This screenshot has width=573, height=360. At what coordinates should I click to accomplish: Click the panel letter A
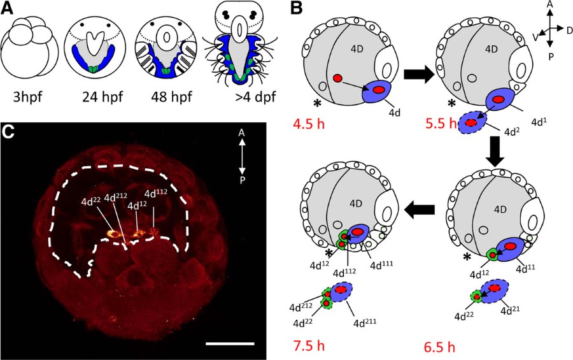click(x=9, y=8)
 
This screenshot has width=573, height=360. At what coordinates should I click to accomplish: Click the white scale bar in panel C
click(x=230, y=343)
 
